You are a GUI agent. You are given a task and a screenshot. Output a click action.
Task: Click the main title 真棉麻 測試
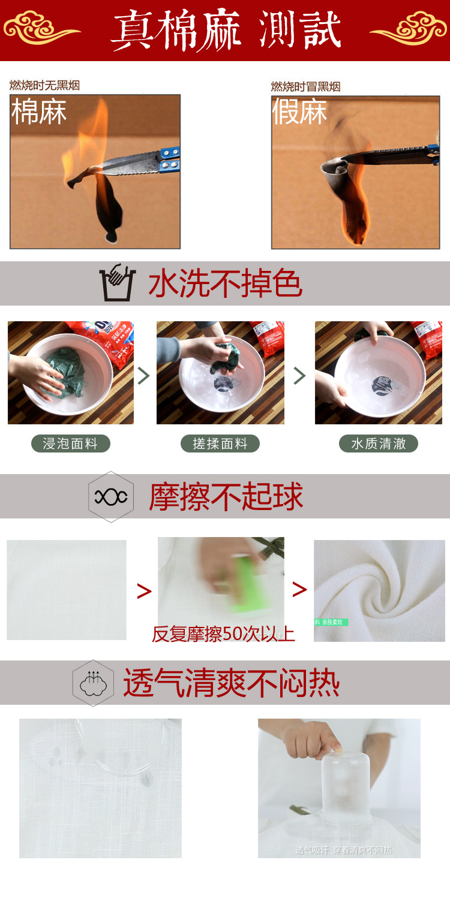click(x=226, y=30)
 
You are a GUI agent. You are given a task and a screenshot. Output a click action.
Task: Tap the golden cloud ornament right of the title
click(x=409, y=28)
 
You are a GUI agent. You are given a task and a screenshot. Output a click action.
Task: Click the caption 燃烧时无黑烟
click(x=44, y=85)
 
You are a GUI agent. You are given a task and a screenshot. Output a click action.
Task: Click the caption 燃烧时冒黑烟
click(x=305, y=86)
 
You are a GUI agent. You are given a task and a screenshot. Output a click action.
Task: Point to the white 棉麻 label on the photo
click(x=39, y=112)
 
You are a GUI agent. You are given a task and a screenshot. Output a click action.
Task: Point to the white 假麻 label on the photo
click(x=300, y=112)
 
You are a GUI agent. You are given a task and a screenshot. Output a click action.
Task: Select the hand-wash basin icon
click(x=118, y=282)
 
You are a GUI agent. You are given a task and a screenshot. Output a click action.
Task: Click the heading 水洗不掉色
click(x=225, y=283)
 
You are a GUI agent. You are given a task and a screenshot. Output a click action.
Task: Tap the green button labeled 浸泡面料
click(x=70, y=444)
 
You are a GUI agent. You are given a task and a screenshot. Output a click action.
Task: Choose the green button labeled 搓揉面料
click(x=220, y=444)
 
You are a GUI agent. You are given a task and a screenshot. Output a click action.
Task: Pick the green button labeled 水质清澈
click(x=379, y=444)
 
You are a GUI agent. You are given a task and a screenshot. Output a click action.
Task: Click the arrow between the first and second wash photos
click(x=144, y=376)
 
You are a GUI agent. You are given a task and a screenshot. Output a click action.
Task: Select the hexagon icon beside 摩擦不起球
click(x=111, y=496)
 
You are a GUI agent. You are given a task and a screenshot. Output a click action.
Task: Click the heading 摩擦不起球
click(x=226, y=497)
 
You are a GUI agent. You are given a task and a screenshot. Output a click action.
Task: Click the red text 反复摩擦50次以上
click(x=223, y=633)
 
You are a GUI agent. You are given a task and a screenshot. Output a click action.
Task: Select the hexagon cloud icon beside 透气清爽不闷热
click(x=93, y=683)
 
